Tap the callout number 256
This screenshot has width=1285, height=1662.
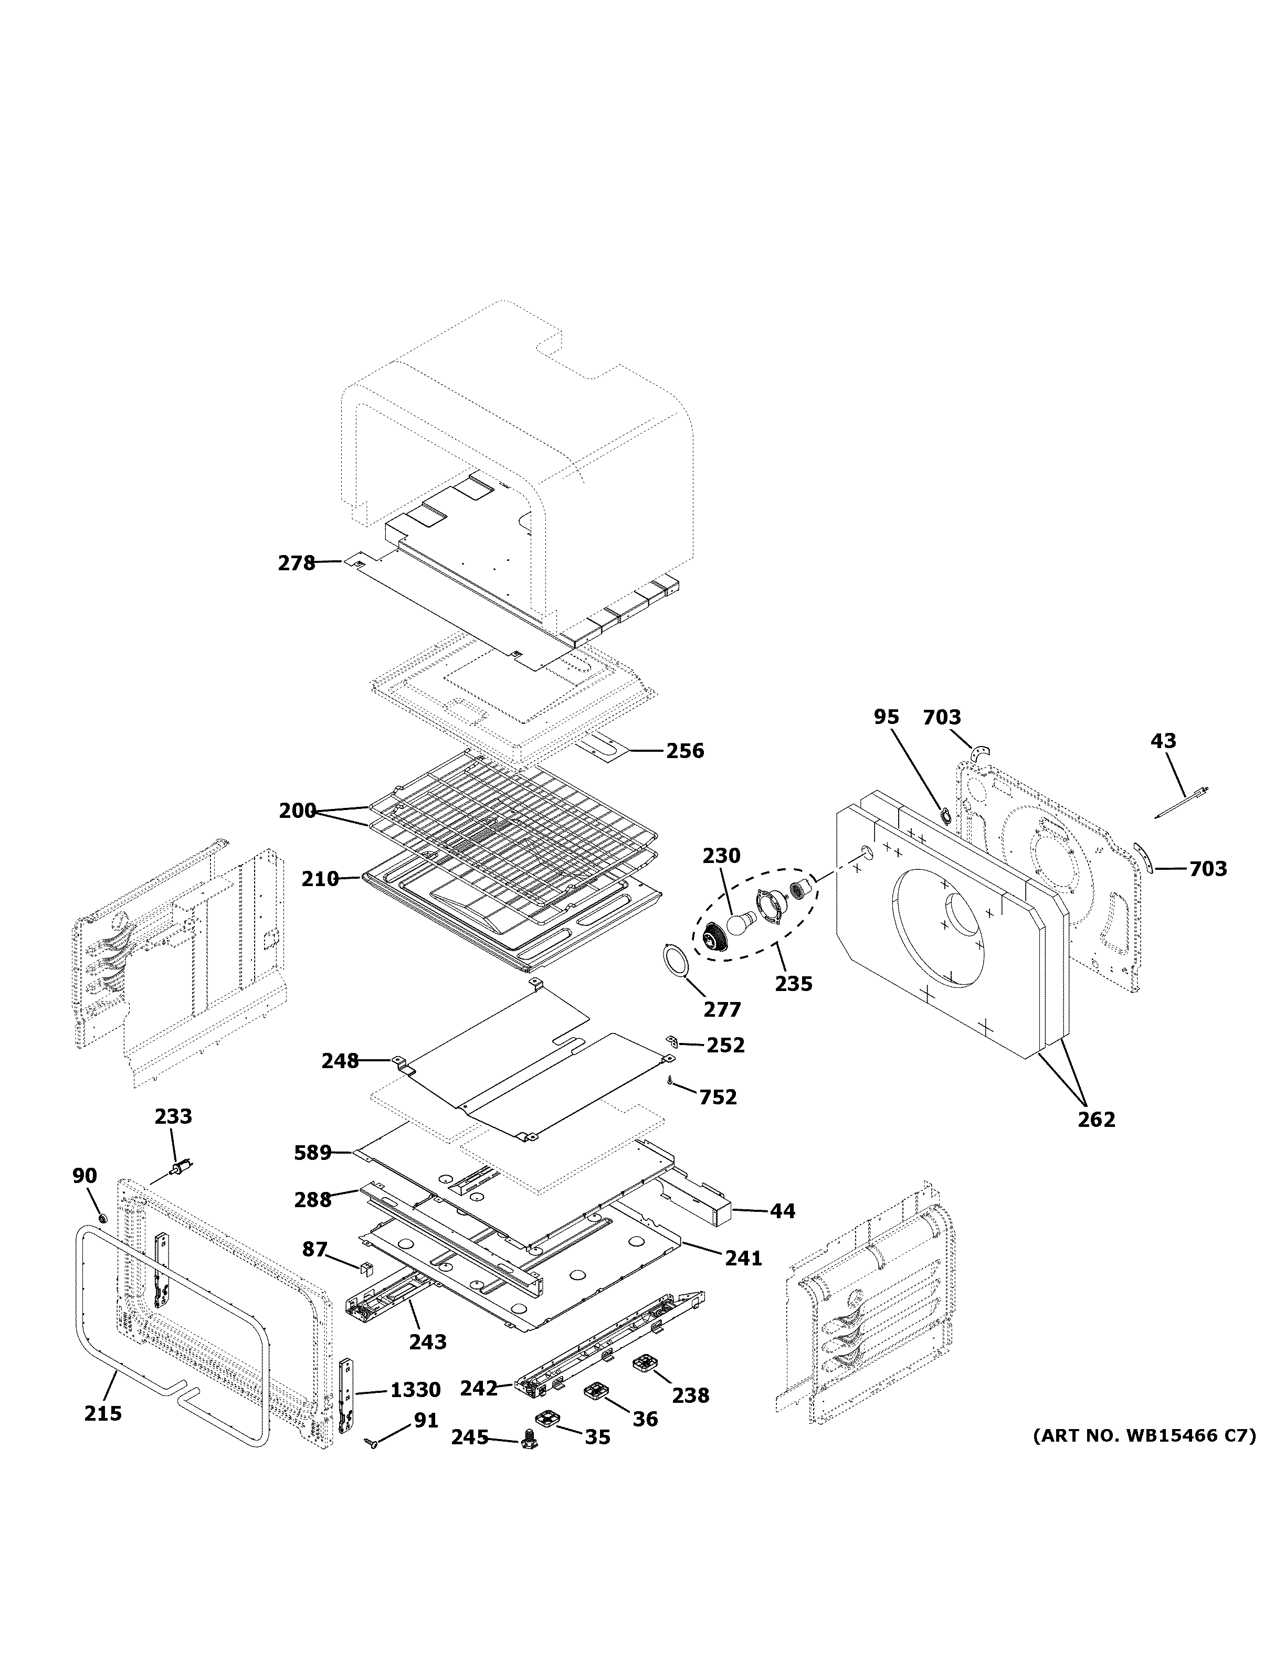(x=685, y=751)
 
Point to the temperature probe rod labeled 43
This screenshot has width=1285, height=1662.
(x=1182, y=803)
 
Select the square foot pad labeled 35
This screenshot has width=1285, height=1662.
(x=546, y=1419)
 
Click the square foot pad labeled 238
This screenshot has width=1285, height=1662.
(x=646, y=1363)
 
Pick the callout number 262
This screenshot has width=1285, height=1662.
(x=1096, y=1120)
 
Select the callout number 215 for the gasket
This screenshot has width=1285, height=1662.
(x=103, y=1413)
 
